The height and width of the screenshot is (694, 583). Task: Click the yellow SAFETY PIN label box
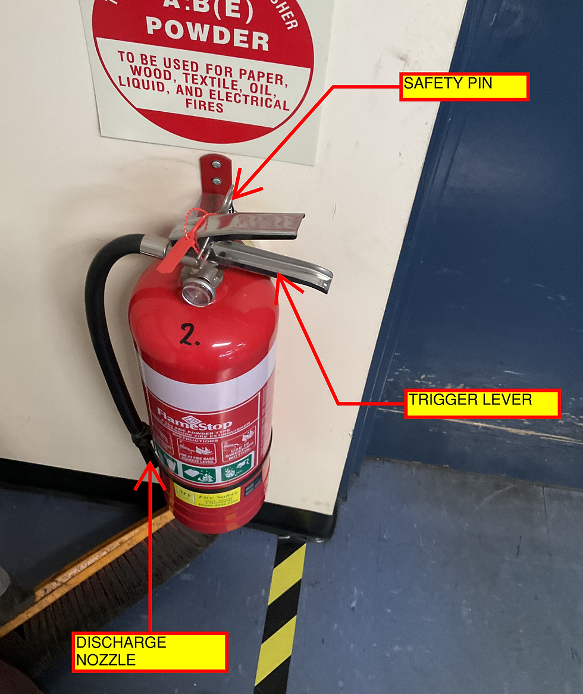pos(463,86)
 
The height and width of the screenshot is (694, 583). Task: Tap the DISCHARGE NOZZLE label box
pos(149,652)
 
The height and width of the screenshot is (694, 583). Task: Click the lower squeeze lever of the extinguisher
pos(280,262)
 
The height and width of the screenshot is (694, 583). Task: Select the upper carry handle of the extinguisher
pos(250,225)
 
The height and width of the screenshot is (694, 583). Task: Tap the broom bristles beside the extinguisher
pos(107,583)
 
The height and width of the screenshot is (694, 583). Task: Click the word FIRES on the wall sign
pos(204,107)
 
